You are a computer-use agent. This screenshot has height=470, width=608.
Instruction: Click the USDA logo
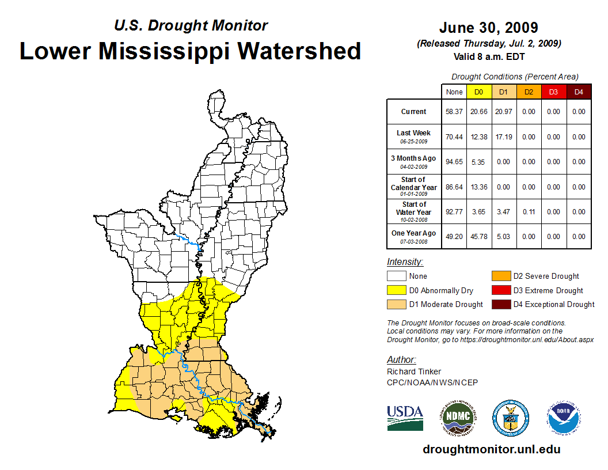pyautogui.click(x=405, y=418)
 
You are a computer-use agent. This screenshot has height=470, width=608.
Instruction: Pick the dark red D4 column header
pyautogui.click(x=579, y=92)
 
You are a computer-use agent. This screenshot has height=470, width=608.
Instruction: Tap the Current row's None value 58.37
pyautogui.click(x=454, y=112)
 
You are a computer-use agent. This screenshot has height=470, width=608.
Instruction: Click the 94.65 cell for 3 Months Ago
pyautogui.click(x=454, y=162)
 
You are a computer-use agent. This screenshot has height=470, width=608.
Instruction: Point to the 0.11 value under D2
pyautogui.click(x=529, y=212)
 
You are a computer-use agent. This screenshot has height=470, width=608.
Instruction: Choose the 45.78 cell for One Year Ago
pyautogui.click(x=479, y=237)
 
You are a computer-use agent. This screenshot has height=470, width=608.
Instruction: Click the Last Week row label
pyautogui.click(x=413, y=137)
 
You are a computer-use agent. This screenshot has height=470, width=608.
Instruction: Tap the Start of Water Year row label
pyautogui.click(x=413, y=211)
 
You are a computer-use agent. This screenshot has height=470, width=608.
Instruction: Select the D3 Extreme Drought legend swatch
pyautogui.click(x=499, y=290)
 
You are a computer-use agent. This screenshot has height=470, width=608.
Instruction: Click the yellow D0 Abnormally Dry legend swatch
pyautogui.click(x=396, y=290)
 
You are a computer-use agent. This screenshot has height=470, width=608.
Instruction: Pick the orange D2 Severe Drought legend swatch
pyautogui.click(x=499, y=276)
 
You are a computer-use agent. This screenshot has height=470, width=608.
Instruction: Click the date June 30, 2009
pyautogui.click(x=488, y=28)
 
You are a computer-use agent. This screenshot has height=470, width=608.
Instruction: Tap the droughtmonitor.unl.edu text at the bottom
pyautogui.click(x=491, y=449)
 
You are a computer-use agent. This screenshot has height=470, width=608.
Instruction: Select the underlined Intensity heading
pyautogui.click(x=405, y=261)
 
